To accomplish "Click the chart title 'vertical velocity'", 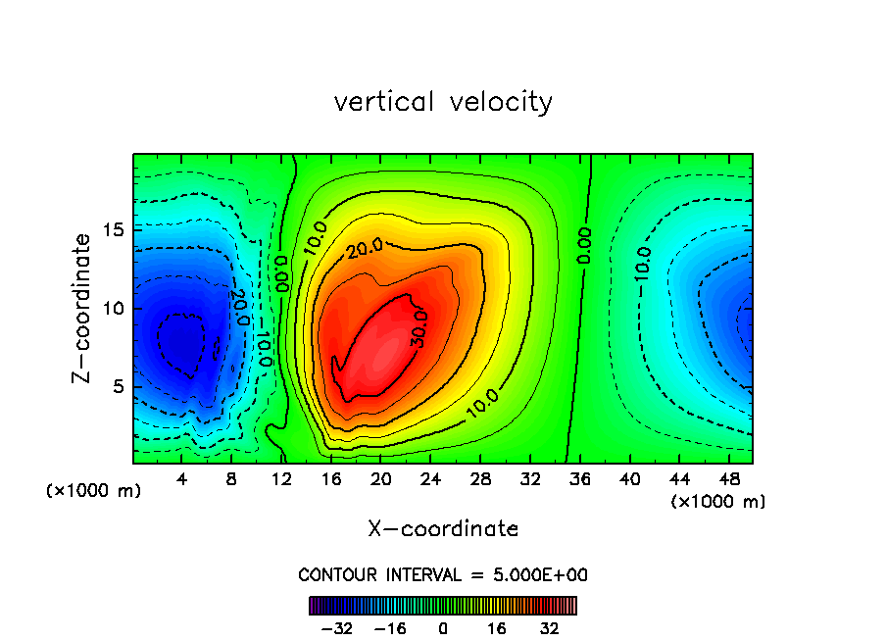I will point(443,102).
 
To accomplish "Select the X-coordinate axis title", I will point(443,529).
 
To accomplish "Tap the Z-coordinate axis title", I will point(83,308).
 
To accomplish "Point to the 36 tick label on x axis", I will point(579,479).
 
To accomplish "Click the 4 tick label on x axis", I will point(182,479).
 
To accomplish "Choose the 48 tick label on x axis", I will point(728,479).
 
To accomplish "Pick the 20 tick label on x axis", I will point(380,479).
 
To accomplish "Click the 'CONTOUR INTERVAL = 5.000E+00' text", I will point(443,574).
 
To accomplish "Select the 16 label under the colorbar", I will point(497,628).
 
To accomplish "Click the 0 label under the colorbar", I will point(443,628).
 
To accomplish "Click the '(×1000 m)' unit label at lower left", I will point(94,491).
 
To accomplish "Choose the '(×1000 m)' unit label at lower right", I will point(718,502).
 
